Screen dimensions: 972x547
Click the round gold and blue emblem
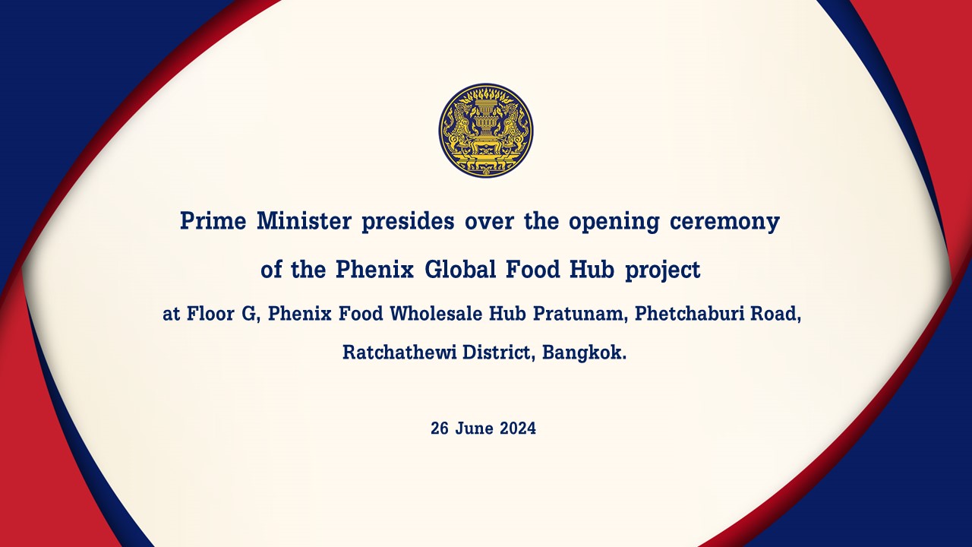[486, 131]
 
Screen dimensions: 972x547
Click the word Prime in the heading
[213, 221]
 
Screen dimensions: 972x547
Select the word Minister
[305, 221]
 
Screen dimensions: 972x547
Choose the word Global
[460, 269]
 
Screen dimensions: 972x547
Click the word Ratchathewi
[399, 352]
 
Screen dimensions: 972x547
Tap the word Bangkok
[584, 353]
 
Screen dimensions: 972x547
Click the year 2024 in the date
[518, 428]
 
